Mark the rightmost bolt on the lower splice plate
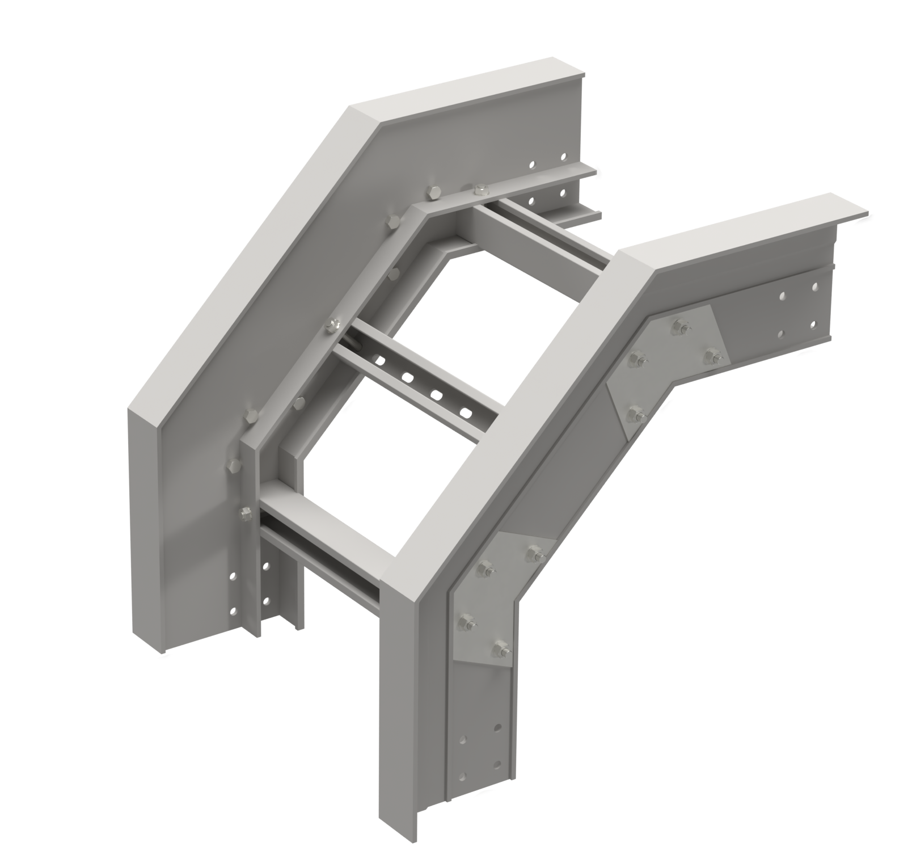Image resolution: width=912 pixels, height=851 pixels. point(533,551)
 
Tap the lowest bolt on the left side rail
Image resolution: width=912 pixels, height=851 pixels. point(246,515)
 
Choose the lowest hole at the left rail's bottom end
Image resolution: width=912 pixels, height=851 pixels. point(233,613)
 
